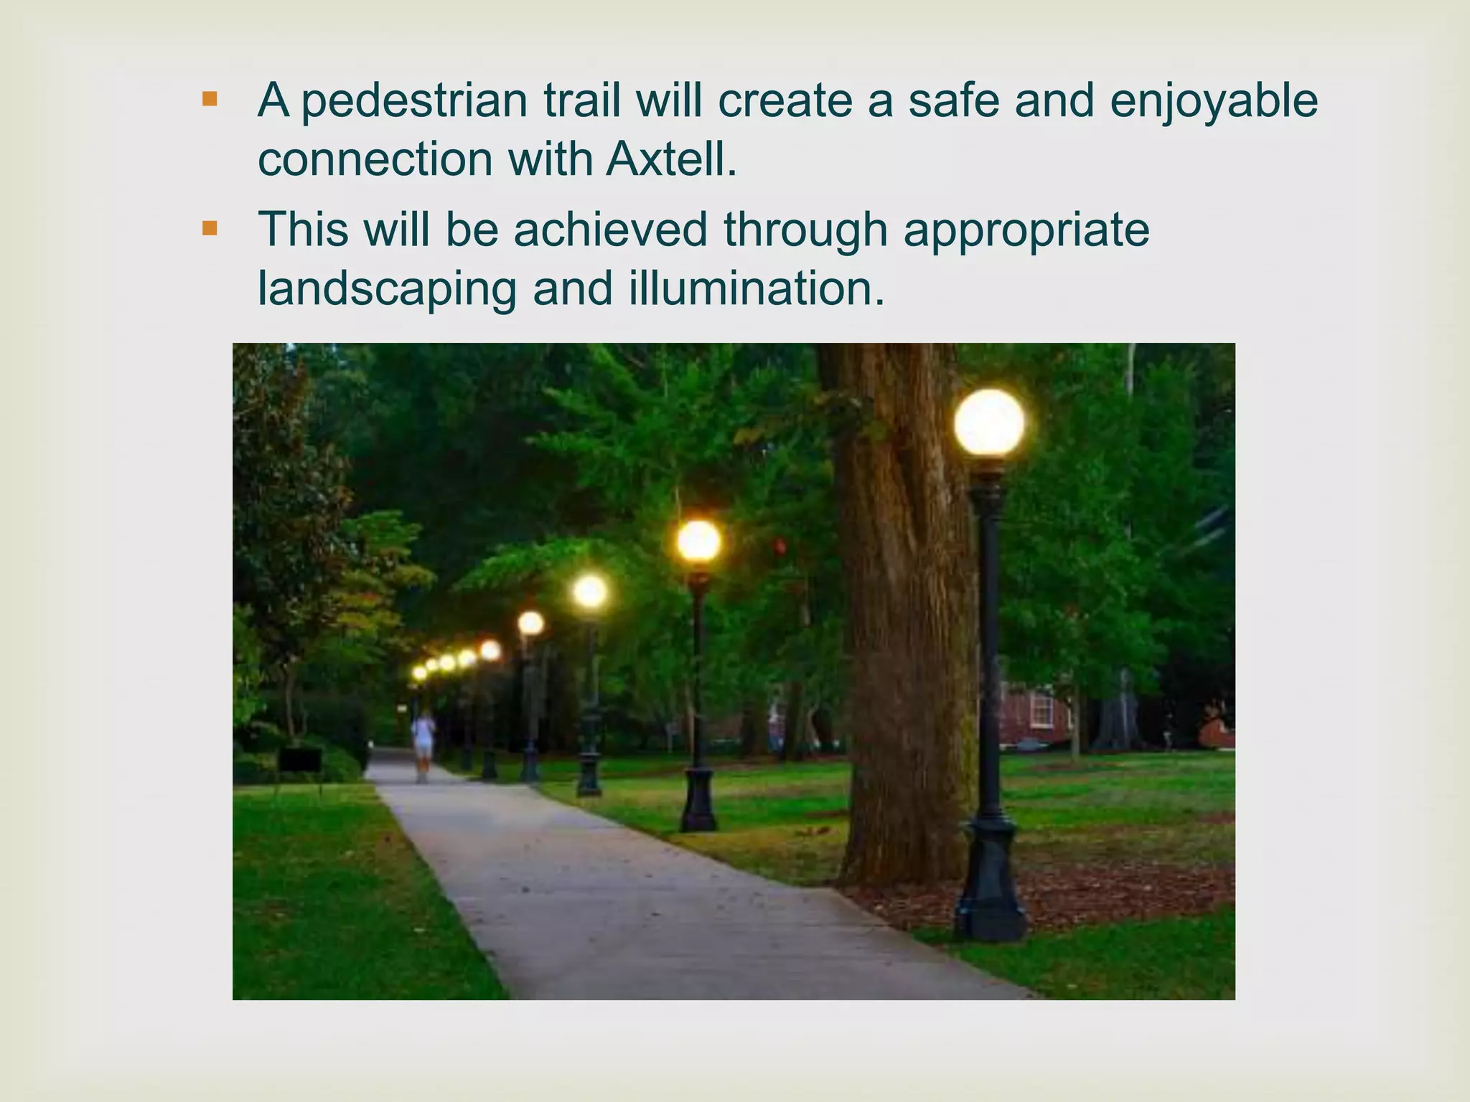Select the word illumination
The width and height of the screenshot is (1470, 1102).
coord(757,288)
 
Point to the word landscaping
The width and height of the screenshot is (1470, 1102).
coord(387,289)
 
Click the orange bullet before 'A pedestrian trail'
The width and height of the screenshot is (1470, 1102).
coord(210,99)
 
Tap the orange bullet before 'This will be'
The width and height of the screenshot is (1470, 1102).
coord(210,229)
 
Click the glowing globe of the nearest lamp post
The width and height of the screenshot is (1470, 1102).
coord(989,423)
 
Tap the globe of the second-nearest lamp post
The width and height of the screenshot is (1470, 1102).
coord(698,541)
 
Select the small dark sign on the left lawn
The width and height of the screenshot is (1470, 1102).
coord(299,759)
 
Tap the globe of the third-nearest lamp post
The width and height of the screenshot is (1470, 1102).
coord(590,591)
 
